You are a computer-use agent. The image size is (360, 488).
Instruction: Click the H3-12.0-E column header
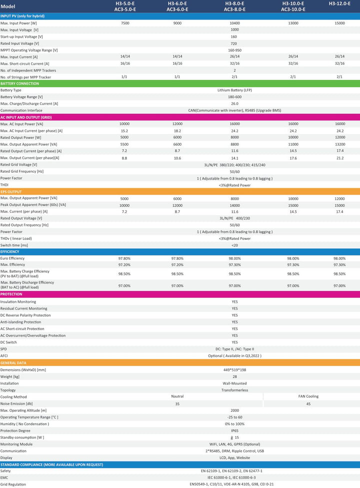pyautogui.click(x=339, y=4)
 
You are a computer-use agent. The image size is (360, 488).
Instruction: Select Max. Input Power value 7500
pyautogui.click(x=125, y=23)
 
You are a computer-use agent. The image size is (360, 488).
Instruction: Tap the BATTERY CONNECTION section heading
pyautogui.click(x=19, y=84)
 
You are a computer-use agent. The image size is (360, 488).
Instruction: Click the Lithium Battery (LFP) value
pyautogui.click(x=234, y=90)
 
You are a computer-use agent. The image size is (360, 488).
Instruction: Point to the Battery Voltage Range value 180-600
pyautogui.click(x=234, y=97)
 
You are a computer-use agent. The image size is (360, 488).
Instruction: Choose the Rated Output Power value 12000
pyautogui.click(x=340, y=137)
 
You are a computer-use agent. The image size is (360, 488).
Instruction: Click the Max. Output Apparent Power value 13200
pyautogui.click(x=340, y=144)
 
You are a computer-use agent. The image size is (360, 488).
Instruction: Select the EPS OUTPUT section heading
pyautogui.click(x=11, y=192)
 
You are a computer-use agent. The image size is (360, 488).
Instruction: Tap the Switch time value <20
pyautogui.click(x=234, y=245)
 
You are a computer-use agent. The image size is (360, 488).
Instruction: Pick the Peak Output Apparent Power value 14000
pyautogui.click(x=234, y=205)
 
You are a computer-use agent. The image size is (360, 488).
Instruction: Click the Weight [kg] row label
pyautogui.click(x=10, y=376)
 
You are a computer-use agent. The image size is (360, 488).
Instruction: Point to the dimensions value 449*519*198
pyautogui.click(x=234, y=370)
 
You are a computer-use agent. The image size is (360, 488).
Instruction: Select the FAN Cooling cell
pyautogui.click(x=308, y=396)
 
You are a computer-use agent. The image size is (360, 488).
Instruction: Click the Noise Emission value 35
pyautogui.click(x=177, y=403)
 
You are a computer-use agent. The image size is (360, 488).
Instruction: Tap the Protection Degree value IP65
pyautogui.click(x=234, y=431)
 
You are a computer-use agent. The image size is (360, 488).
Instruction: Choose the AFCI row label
pyautogui.click(x=4, y=356)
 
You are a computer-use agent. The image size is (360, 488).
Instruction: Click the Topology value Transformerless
pyautogui.click(x=234, y=390)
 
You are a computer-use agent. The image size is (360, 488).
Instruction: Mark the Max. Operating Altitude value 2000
pyautogui.click(x=234, y=410)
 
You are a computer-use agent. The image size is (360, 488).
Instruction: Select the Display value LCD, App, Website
pyautogui.click(x=234, y=458)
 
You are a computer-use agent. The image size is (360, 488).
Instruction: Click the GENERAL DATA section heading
pyautogui.click(x=13, y=363)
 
